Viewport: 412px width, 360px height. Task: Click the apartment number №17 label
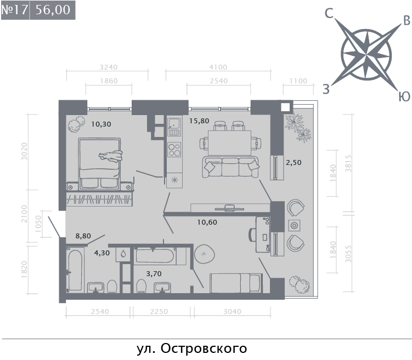tap(14, 10)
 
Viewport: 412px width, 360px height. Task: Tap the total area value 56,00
tap(53, 10)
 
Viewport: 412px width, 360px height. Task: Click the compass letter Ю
tap(404, 96)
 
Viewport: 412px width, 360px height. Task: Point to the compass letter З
tap(326, 89)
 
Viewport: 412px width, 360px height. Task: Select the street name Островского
tap(204, 348)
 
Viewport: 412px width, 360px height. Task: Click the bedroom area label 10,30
tap(101, 124)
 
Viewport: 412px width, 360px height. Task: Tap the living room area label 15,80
tap(199, 121)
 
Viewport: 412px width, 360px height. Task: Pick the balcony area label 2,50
tap(294, 163)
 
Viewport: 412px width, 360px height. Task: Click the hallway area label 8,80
tap(83, 236)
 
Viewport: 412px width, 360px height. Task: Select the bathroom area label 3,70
tap(154, 274)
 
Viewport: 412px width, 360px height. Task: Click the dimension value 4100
tap(218, 67)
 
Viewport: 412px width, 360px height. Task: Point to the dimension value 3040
tap(232, 311)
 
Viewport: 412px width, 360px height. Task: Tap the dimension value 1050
tap(38, 224)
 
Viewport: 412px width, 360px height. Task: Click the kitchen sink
tap(174, 127)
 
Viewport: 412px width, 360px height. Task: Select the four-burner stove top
tap(174, 150)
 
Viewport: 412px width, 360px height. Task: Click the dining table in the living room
tap(229, 143)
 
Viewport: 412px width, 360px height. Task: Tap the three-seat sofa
tap(230, 167)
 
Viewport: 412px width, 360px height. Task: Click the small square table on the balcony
tap(294, 225)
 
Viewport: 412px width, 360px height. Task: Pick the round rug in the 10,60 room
tap(205, 254)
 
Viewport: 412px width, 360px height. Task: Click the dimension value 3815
tap(348, 163)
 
